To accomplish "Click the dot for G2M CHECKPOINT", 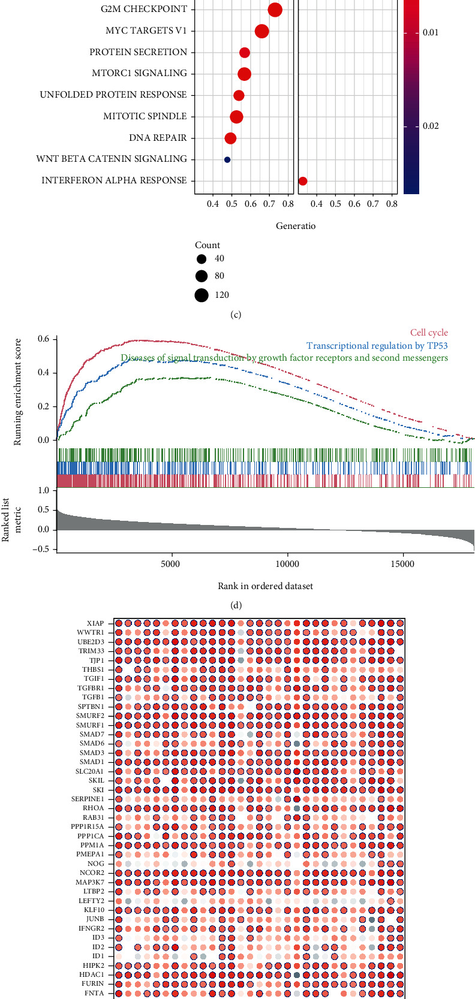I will pos(275,10).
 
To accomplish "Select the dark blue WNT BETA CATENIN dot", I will pos(227,159).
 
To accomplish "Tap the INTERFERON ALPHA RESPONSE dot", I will pos(303,181).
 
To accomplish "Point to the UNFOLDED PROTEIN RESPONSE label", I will pos(113,95).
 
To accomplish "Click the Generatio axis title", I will pos(295,226).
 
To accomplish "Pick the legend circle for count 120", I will pos(202,295).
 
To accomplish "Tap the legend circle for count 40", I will pos(202,259).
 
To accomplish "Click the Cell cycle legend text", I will pos(429,333).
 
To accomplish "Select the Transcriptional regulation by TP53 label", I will pos(377,346).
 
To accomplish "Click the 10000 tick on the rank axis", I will pos(287,565).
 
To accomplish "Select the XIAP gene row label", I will pos(95,623).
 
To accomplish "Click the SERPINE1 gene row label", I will pos(88,799).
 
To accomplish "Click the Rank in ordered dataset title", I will pos(265,585).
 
